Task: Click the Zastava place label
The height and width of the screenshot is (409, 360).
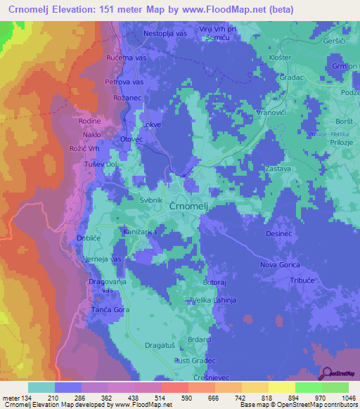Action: (x=278, y=169)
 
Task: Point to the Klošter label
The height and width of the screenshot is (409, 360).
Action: (x=281, y=58)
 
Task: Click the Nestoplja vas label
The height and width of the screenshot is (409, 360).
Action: (x=165, y=32)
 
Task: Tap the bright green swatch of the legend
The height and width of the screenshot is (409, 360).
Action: (x=308, y=387)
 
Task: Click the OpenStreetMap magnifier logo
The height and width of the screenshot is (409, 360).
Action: (x=326, y=374)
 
